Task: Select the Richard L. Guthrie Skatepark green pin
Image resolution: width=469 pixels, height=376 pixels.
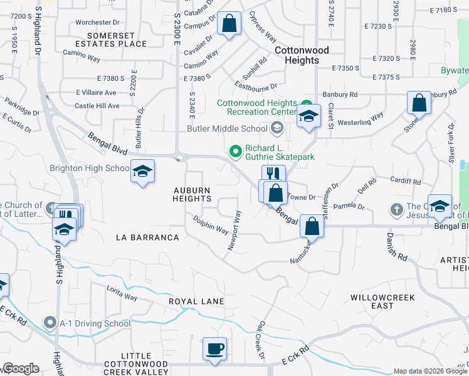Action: [x=236, y=150]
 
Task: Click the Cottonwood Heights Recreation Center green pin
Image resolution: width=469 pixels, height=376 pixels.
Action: [x=306, y=104]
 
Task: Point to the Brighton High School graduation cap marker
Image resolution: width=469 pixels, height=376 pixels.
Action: [x=142, y=171]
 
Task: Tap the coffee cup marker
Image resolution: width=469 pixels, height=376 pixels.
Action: [x=214, y=348]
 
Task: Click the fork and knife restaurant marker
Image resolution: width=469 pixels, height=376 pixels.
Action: [x=273, y=175]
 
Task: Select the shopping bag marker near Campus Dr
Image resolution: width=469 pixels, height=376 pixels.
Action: [x=230, y=24]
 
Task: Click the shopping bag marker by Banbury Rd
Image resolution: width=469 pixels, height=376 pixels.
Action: [x=419, y=102]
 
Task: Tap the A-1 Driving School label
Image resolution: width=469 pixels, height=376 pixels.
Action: [x=95, y=324]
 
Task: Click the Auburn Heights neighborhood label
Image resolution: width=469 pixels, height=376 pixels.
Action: [x=192, y=194]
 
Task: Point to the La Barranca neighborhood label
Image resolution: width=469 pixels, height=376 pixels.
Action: [x=148, y=238]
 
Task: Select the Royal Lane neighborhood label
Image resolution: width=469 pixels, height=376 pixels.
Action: [x=196, y=301]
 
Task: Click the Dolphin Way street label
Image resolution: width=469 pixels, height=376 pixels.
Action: [x=211, y=226]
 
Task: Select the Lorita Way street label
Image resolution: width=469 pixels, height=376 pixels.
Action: [x=122, y=296]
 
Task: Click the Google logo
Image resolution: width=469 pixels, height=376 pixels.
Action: [x=21, y=368]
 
